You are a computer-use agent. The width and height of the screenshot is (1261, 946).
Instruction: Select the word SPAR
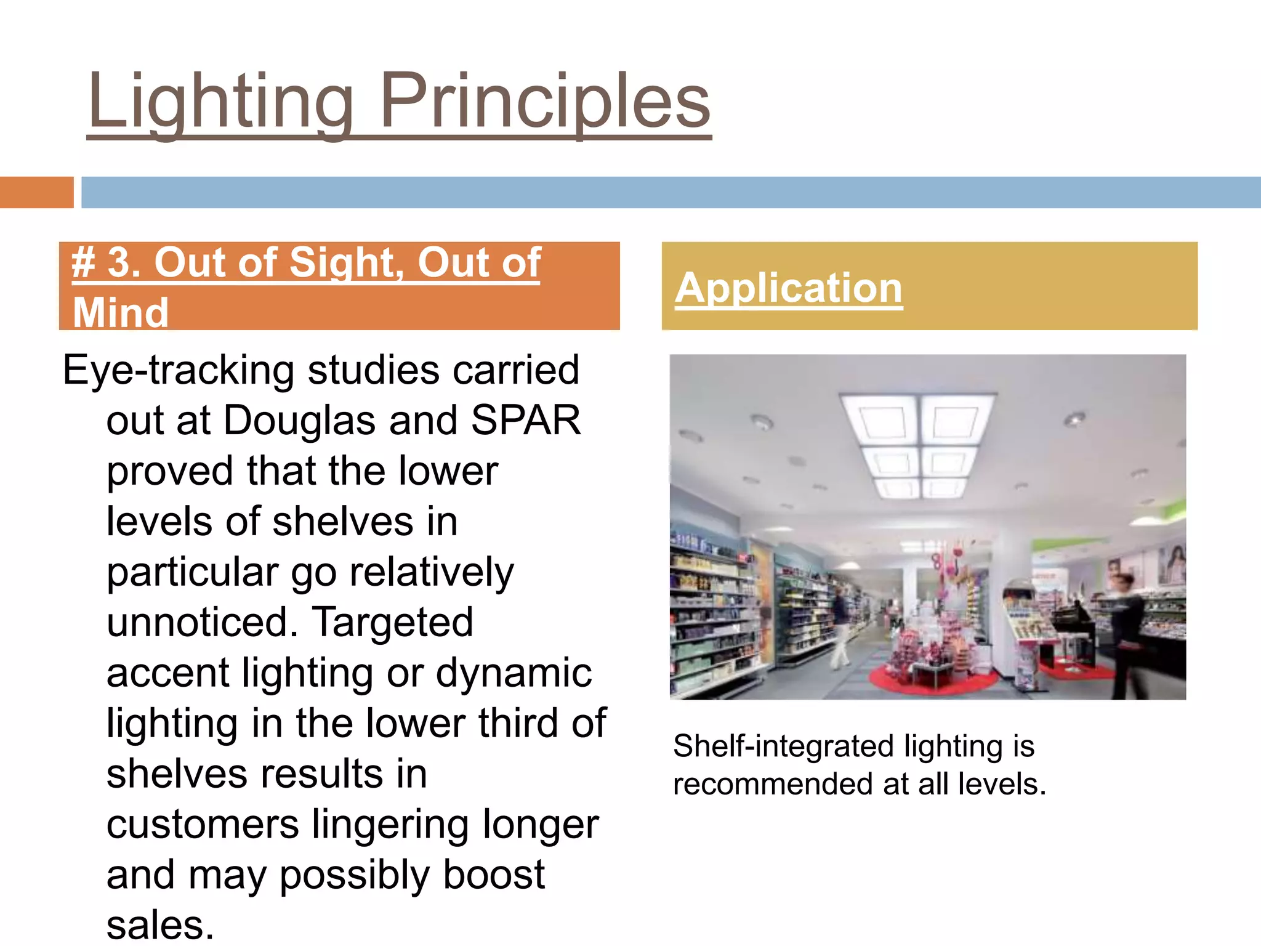(x=525, y=421)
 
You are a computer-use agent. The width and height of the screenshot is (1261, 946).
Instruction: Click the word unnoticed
(x=202, y=622)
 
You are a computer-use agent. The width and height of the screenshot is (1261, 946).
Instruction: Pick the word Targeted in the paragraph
(x=392, y=622)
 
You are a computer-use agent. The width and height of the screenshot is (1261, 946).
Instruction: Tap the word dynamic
(x=514, y=673)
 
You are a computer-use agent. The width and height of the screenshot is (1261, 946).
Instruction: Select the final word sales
(x=159, y=925)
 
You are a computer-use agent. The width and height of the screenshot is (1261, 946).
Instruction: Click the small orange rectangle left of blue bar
(x=36, y=192)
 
